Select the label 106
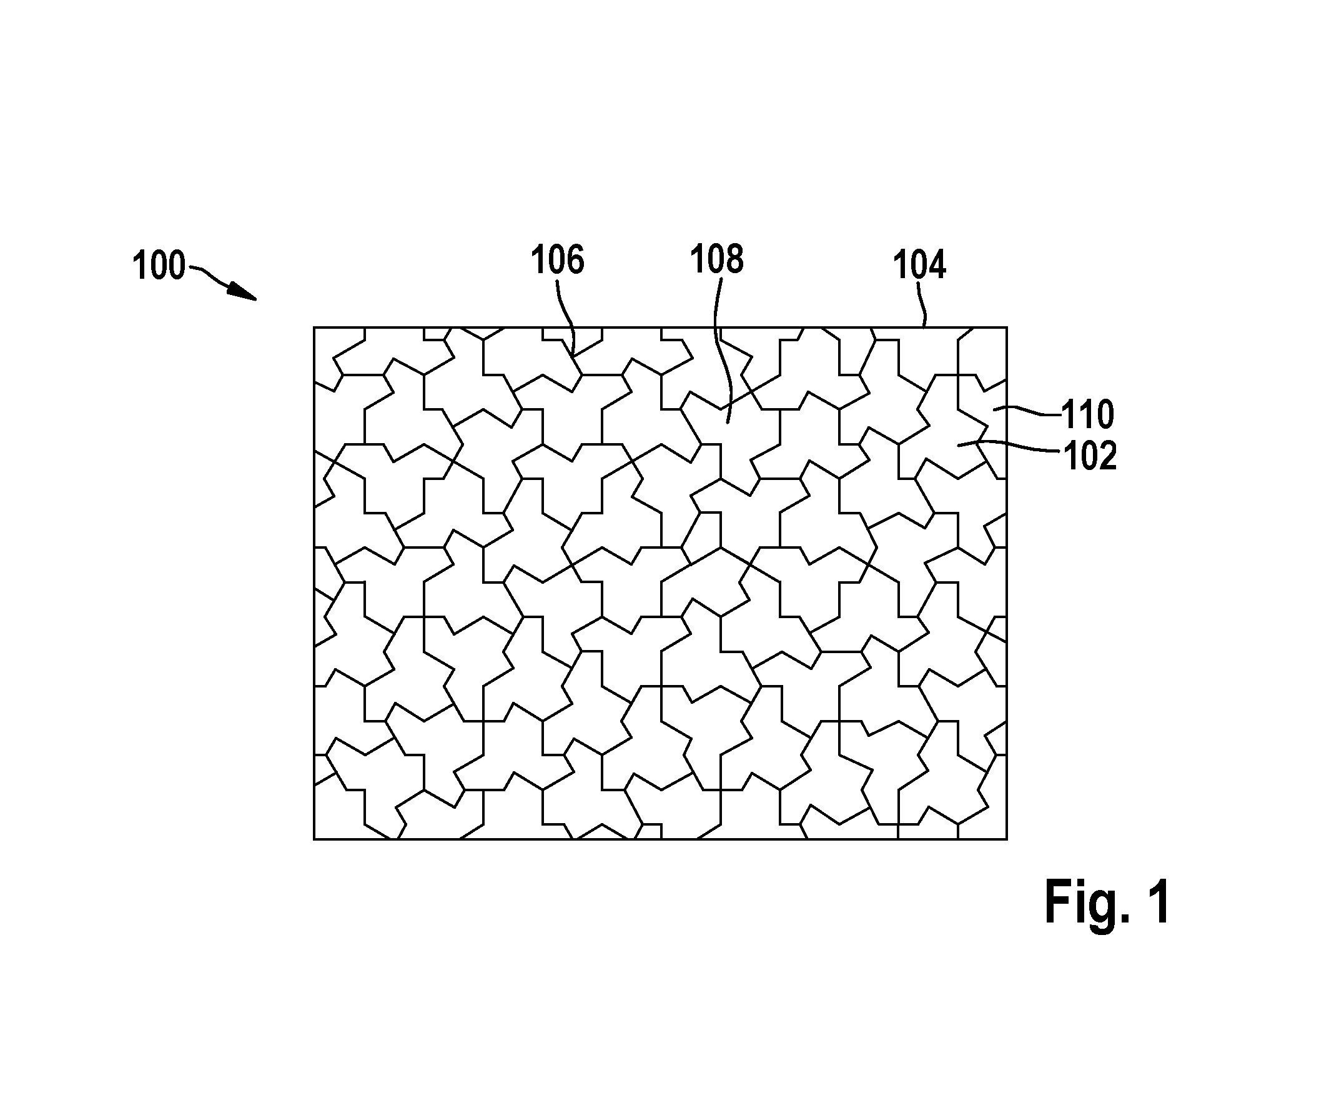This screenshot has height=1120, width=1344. (x=558, y=261)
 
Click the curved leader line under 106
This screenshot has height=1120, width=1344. (x=566, y=317)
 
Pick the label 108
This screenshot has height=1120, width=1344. (x=717, y=259)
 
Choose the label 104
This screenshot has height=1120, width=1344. (x=919, y=264)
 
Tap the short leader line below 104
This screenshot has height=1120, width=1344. (x=922, y=306)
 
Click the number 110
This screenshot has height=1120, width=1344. (x=1088, y=414)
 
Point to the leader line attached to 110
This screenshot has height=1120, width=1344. (x=1027, y=411)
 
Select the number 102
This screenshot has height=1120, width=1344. (x=1090, y=456)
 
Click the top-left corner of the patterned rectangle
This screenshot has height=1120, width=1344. (x=314, y=328)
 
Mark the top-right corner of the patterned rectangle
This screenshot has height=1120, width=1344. (x=1007, y=328)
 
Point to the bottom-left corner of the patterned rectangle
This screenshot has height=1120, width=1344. (x=314, y=839)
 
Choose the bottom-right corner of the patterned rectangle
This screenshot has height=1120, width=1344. (x=1007, y=839)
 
